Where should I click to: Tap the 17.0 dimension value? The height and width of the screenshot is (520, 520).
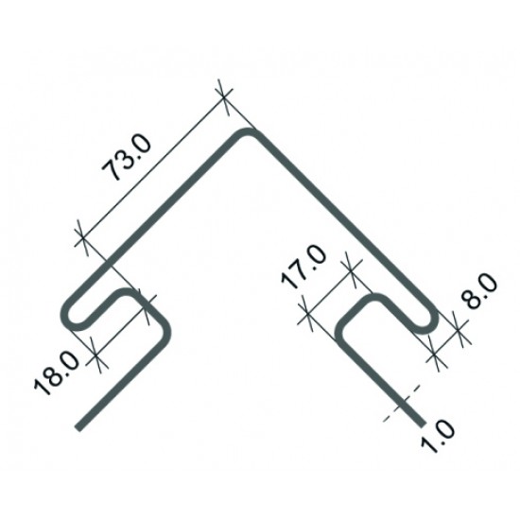point(303,267)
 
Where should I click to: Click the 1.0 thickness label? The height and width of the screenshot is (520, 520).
point(438,436)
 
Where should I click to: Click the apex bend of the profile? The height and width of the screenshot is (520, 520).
point(248,132)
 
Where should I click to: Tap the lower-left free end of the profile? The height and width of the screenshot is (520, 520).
point(78,427)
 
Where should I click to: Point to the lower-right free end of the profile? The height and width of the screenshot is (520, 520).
point(423,425)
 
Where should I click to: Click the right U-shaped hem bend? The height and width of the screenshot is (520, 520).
point(432,321)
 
